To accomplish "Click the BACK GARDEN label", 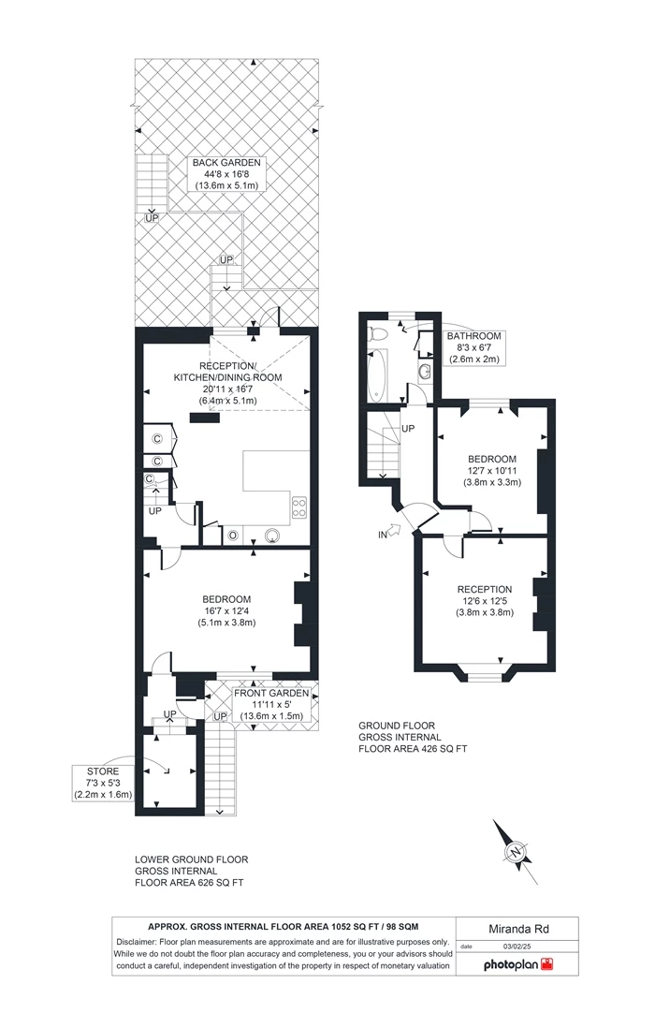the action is pyautogui.click(x=226, y=163).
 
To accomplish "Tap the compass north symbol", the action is pyautogui.click(x=516, y=852).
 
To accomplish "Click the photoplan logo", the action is pyautogui.click(x=518, y=964).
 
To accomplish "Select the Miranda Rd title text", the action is pyautogui.click(x=518, y=929).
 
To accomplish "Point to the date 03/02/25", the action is pyautogui.click(x=517, y=947).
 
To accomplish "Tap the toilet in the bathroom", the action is pyautogui.click(x=376, y=334).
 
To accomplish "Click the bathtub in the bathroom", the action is pyautogui.click(x=377, y=374).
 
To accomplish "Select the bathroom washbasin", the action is pyautogui.click(x=425, y=371).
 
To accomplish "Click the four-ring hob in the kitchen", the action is pyautogui.click(x=299, y=507).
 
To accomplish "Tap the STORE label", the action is pyautogui.click(x=103, y=771).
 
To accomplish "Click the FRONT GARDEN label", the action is pyautogui.click(x=271, y=693).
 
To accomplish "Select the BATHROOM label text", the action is pyautogui.click(x=474, y=336).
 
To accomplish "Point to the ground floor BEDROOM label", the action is pyautogui.click(x=492, y=460).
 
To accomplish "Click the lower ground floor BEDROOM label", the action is pyautogui.click(x=226, y=599).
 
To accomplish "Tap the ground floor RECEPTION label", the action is pyautogui.click(x=485, y=589).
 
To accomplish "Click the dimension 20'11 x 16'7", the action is pyautogui.click(x=227, y=389).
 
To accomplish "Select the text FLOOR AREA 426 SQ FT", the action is pyautogui.click(x=413, y=749).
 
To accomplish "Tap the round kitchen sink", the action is pyautogui.click(x=273, y=535).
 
